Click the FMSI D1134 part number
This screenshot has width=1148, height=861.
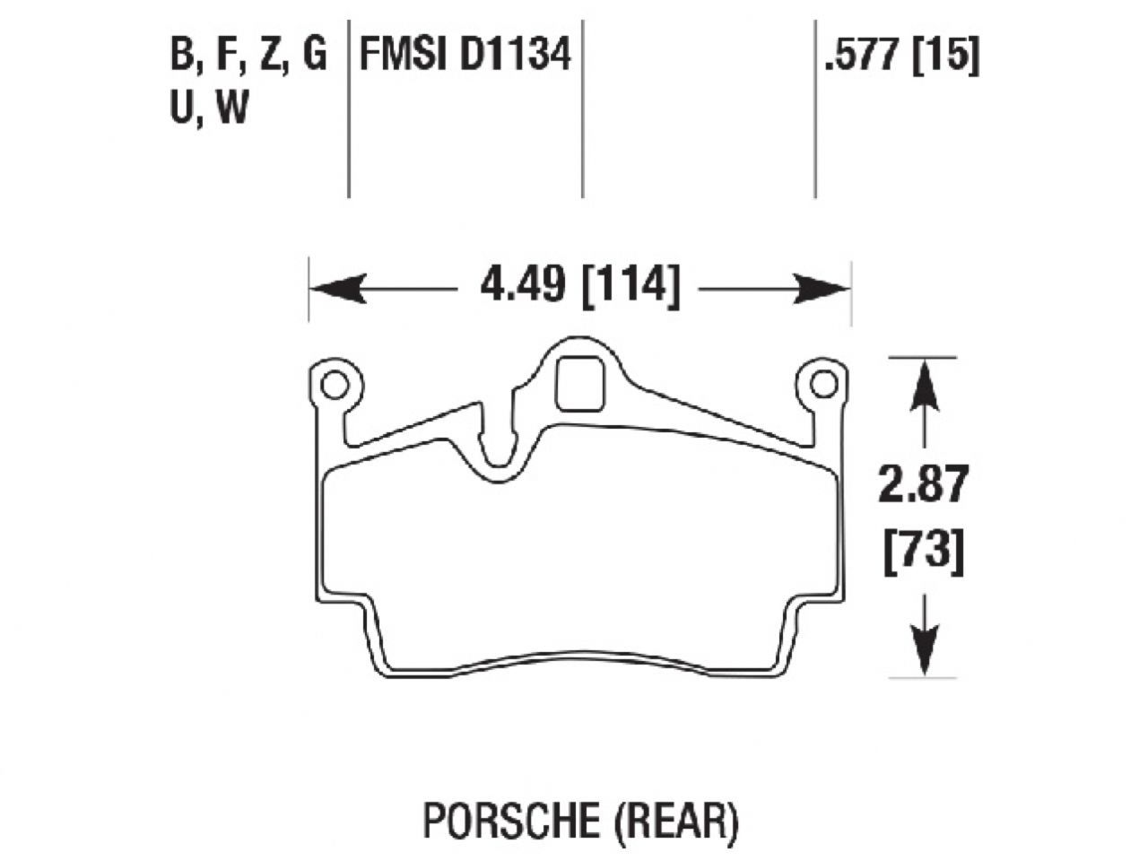pos(465,56)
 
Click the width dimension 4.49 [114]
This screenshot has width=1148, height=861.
pos(578,287)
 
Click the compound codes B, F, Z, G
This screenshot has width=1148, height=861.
pos(248,56)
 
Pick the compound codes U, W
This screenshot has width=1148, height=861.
pos(208,109)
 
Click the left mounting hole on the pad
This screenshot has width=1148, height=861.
pos(335,385)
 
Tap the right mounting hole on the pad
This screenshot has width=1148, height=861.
pos(822,384)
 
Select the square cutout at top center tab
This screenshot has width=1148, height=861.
pos(579,383)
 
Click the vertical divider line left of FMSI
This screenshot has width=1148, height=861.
pos(348,108)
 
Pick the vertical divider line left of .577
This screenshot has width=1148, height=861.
pos(814,108)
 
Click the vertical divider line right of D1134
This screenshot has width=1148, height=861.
pos(583,108)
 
